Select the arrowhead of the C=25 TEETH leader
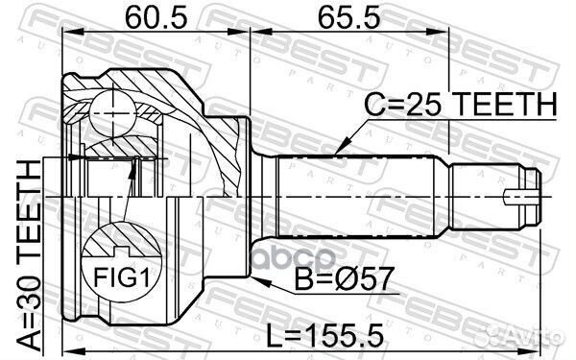[x=340, y=154]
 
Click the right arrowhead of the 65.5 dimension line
[x=538, y=32]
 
